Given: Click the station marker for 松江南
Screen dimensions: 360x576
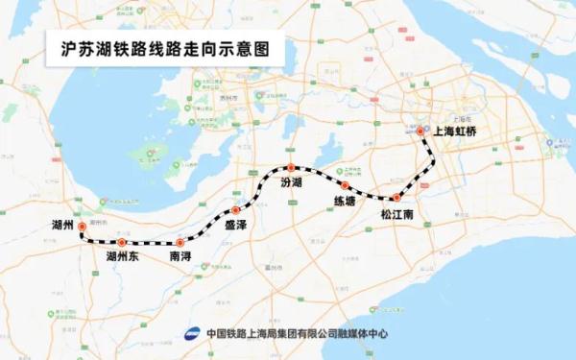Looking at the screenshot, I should pyautogui.click(x=396, y=198).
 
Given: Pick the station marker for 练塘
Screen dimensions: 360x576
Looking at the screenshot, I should pyautogui.click(x=344, y=184).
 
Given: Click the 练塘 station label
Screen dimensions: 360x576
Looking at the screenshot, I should pyautogui.click(x=344, y=201).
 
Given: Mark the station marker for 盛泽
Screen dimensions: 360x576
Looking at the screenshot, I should pyautogui.click(x=235, y=210).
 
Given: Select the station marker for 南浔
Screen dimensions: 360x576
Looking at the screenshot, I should pyautogui.click(x=180, y=243).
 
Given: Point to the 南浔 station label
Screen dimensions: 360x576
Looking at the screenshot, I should pyautogui.click(x=180, y=258).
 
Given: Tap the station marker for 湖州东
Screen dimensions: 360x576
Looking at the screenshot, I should pyautogui.click(x=122, y=243).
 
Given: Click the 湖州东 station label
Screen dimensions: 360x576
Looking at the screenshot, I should pyautogui.click(x=123, y=258).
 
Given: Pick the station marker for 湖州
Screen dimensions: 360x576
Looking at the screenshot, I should pyautogui.click(x=82, y=228).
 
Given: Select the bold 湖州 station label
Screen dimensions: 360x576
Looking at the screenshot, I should pyautogui.click(x=64, y=223).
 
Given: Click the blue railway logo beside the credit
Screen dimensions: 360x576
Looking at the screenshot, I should pyautogui.click(x=192, y=333).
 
